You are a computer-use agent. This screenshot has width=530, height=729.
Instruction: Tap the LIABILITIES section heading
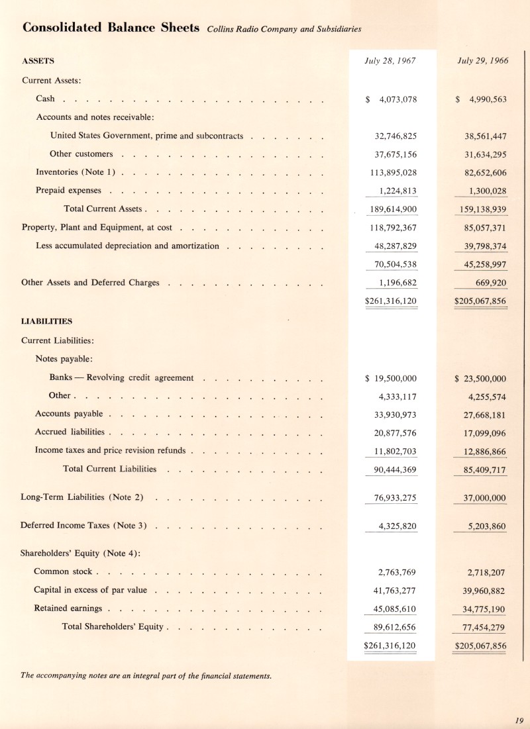point(47,321)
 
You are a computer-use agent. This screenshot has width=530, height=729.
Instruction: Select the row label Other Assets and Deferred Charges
point(90,283)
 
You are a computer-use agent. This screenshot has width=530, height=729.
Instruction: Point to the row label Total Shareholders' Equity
point(114,626)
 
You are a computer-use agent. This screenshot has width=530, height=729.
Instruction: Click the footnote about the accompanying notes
point(146,675)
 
